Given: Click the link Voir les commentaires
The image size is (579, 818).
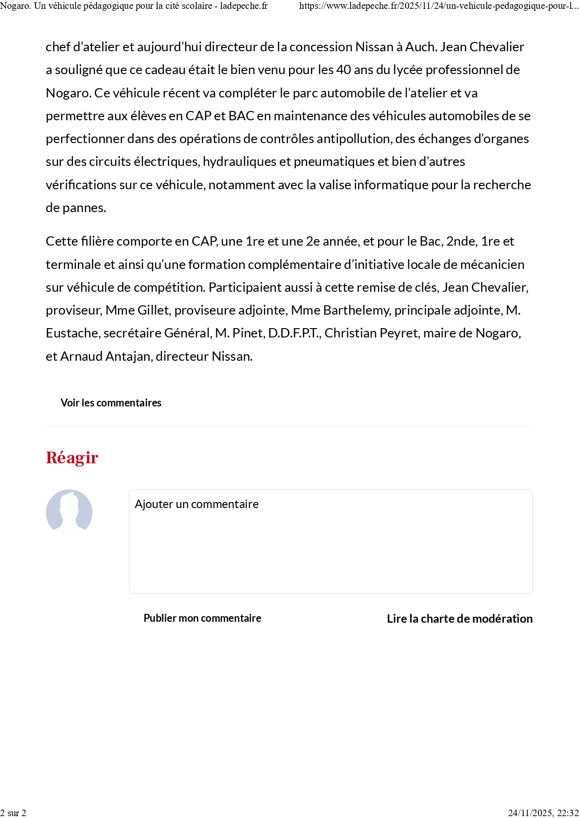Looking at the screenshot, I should (x=111, y=403).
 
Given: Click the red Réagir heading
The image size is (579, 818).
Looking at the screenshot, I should (x=72, y=458).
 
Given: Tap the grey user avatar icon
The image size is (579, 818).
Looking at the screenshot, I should (x=69, y=512).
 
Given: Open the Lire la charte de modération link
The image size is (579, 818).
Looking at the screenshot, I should (x=460, y=619).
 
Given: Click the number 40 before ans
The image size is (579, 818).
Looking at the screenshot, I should (x=344, y=70).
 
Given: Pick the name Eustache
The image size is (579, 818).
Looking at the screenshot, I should (x=72, y=333).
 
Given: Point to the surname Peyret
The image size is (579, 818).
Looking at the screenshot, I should (x=401, y=333).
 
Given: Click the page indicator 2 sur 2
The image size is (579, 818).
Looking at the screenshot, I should (x=13, y=813).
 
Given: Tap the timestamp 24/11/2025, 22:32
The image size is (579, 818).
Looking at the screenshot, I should (x=543, y=813).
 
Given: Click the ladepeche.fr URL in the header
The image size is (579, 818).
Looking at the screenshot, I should (x=438, y=6).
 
